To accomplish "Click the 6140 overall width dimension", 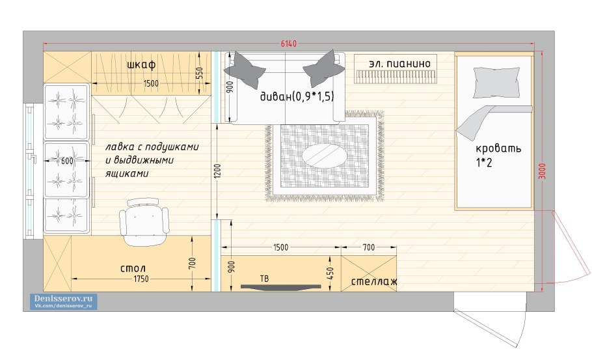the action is pyautogui.click(x=288, y=44).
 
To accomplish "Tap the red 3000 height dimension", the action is pyautogui.click(x=542, y=171).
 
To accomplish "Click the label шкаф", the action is pyautogui.click(x=141, y=64).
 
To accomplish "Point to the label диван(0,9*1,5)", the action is pyautogui.click(x=297, y=96).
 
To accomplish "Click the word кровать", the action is pyautogui.click(x=498, y=148).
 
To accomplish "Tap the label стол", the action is pyautogui.click(x=133, y=269).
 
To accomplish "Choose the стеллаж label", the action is pyautogui.click(x=374, y=281).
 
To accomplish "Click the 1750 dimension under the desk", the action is pyautogui.click(x=141, y=279).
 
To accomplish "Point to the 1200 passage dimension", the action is pyautogui.click(x=217, y=171).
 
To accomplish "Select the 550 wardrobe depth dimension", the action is pyautogui.click(x=200, y=74).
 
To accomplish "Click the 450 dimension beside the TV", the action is pyautogui.click(x=330, y=273).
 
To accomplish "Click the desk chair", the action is pyautogui.click(x=144, y=222).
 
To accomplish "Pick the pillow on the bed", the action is pyautogui.click(x=496, y=82).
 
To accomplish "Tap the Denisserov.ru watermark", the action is pyautogui.click(x=64, y=301).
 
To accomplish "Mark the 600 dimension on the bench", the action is pyautogui.click(x=67, y=161).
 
